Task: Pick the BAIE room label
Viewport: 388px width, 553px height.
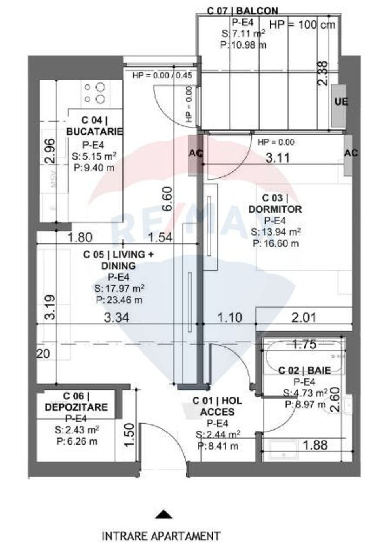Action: pyautogui.click(x=305, y=370)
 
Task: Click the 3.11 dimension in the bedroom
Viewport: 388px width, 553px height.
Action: pyautogui.click(x=277, y=158)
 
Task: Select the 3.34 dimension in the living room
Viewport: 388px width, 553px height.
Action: pyautogui.click(x=116, y=318)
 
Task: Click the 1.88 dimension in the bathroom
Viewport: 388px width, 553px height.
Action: pyautogui.click(x=315, y=445)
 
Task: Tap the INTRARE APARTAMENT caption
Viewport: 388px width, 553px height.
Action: pyautogui.click(x=161, y=536)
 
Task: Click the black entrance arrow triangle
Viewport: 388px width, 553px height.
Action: pyautogui.click(x=164, y=514)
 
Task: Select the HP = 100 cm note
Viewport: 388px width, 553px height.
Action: pyautogui.click(x=302, y=24)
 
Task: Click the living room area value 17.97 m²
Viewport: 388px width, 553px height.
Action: pyautogui.click(x=119, y=289)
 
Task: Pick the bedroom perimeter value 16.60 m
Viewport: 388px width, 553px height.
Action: pyautogui.click(x=276, y=243)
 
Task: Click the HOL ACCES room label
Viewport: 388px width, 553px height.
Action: pyautogui.click(x=217, y=406)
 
